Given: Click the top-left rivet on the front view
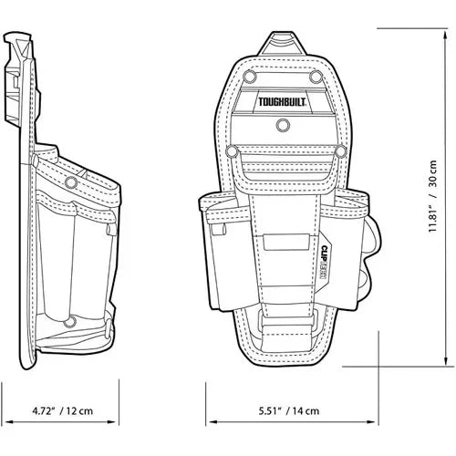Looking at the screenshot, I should [x=243, y=79].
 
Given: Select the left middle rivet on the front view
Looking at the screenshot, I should [x=233, y=150].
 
